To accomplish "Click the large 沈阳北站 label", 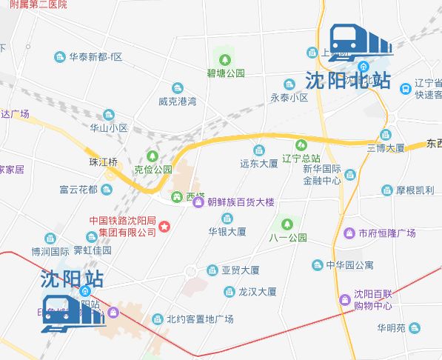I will [347, 80].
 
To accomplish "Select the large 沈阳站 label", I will [72, 280].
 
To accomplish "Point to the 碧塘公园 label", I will [226, 73].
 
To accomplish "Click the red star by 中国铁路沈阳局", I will [166, 226].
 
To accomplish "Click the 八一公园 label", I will [287, 238].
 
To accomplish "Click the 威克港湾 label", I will [177, 101].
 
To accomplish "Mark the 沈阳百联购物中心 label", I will [372, 299].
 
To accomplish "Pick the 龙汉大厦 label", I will [257, 292].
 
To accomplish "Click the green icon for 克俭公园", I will [153, 156].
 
